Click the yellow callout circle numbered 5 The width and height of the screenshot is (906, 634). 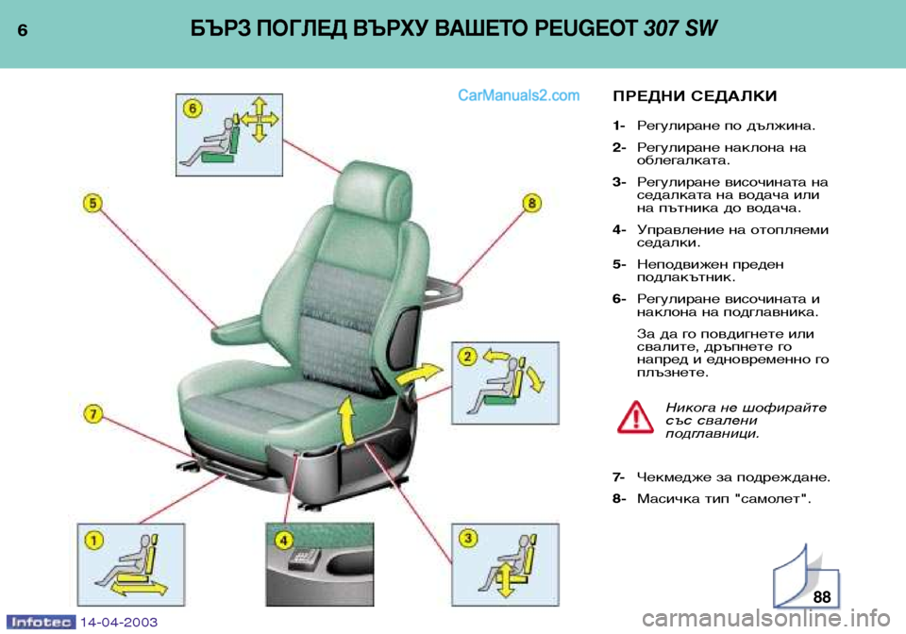93,203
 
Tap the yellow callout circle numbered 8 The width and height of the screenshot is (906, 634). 531,203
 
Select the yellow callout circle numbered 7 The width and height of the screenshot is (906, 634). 93,414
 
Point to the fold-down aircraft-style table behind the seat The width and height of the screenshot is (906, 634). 442,291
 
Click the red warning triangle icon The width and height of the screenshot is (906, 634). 635,417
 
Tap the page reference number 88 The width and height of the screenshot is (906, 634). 821,596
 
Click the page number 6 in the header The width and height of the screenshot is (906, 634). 23,30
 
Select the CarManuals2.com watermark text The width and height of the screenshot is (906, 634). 518,95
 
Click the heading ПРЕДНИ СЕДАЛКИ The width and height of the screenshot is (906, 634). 695,96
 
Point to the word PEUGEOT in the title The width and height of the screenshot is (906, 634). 585,28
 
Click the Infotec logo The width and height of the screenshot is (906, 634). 41,622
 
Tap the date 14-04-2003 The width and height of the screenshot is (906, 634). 119,622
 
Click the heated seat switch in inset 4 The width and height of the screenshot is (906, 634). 303,559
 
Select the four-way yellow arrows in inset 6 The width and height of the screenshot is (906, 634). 260,119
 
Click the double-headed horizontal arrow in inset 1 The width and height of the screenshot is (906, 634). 139,589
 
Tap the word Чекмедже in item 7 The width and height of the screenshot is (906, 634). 673,477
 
